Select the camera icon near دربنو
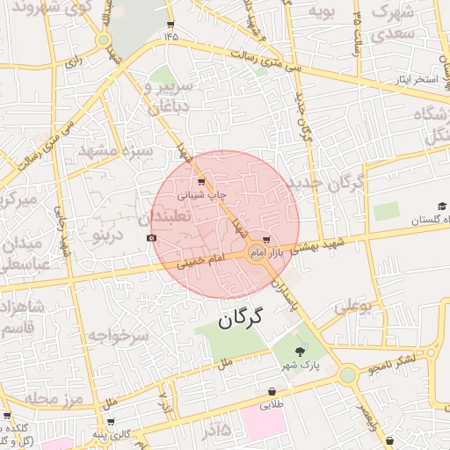point(152,237)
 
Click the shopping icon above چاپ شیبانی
point(202,183)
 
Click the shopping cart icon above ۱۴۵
point(170,25)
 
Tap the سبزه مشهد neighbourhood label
point(115,150)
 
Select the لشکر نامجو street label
point(393,360)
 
